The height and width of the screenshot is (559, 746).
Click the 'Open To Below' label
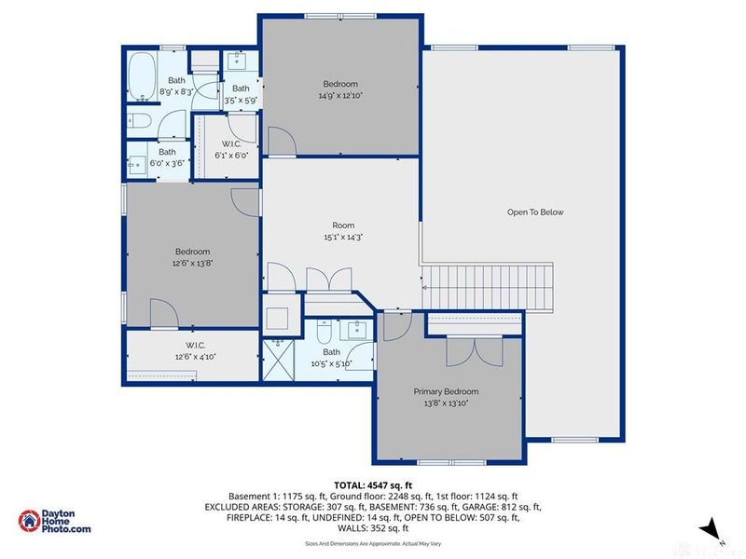click(x=535, y=212)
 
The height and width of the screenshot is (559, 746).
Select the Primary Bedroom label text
click(x=446, y=392)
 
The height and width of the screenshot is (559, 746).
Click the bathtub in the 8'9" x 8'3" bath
click(x=142, y=77)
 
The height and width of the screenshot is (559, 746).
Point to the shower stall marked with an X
click(x=277, y=356)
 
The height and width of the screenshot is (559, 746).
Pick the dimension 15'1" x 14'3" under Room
click(x=342, y=238)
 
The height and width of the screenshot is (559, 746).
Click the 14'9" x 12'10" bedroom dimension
click(x=341, y=95)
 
